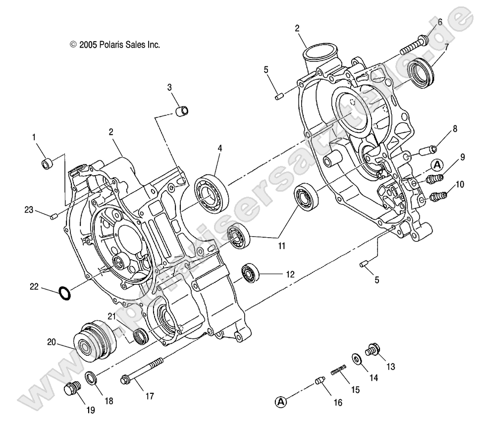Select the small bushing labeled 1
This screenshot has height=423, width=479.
click(47, 163)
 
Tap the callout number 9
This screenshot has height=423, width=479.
click(462, 158)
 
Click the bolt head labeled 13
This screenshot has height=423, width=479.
click(373, 350)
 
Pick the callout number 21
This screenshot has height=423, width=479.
click(112, 317)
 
